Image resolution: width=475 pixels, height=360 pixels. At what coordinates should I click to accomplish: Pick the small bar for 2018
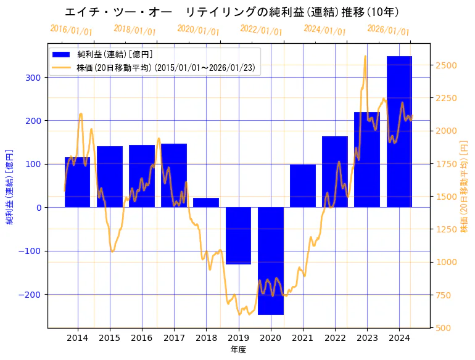pos(206,203)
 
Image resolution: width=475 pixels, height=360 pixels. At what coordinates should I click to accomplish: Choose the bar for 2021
pos(303,186)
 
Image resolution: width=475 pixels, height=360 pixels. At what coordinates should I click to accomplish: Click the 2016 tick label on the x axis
pos(142,338)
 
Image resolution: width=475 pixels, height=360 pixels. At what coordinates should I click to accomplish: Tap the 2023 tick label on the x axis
pos(367,338)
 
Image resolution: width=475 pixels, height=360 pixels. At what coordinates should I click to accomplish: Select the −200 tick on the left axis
pos(30,295)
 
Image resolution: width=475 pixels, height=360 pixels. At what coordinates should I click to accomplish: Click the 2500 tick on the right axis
pos(446,65)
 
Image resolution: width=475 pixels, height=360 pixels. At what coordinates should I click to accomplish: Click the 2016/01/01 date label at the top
pos(71,30)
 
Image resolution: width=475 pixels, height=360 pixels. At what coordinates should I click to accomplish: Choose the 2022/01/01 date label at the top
pos(261,30)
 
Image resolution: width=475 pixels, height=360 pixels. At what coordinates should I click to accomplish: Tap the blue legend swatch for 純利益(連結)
pos(62,54)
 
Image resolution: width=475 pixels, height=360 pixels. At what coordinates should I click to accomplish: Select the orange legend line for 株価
pos(62,67)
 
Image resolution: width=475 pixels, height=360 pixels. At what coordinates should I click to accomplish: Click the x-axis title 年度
pos(238,350)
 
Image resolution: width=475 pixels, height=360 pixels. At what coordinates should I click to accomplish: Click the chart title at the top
pos(231,12)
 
